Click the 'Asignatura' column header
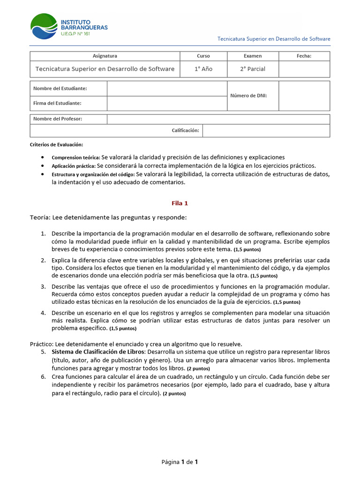tap(105, 56)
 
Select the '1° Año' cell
tap(203, 69)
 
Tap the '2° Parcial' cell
tap(253, 69)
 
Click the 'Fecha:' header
tap(304, 56)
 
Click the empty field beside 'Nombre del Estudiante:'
tap(167, 89)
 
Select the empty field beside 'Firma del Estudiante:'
tap(167, 103)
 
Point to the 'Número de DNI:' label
tap(248, 96)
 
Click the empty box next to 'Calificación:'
tap(266, 130)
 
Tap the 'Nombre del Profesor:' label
tap(58, 119)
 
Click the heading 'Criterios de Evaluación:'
tap(56, 145)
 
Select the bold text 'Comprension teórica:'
tap(75, 158)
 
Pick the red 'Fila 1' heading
tap(180, 203)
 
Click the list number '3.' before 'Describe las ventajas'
tap(43, 286)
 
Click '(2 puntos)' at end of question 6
tap(174, 394)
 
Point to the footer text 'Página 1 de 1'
tap(180, 462)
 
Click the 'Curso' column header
tap(203, 56)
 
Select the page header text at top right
tap(274, 39)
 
